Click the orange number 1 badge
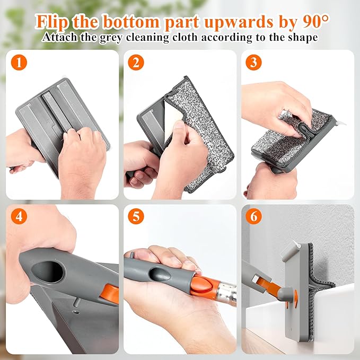19,62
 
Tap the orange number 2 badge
136,62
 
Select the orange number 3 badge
253,62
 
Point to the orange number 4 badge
19,216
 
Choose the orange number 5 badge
136,216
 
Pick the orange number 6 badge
253,216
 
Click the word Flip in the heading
52,22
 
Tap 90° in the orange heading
315,22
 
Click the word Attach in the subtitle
60,37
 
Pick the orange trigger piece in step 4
110,294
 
